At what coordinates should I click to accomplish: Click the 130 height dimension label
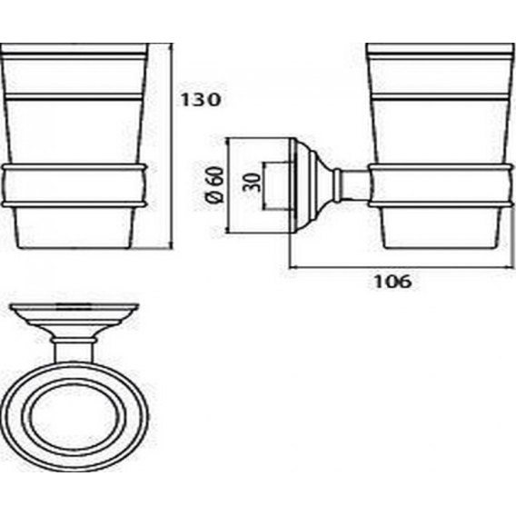pos(200,99)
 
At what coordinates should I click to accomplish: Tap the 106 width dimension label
pos(393,282)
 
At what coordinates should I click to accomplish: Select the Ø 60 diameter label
pos(215,185)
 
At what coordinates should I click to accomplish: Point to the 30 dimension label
pos(252,183)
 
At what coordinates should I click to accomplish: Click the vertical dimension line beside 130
pos(171,146)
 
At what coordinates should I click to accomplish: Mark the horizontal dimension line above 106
pos(402,268)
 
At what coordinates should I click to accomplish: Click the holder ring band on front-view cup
pos(75,186)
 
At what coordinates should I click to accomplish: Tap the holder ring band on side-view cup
pos(441,186)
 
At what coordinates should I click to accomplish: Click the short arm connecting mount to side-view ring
pos(354,185)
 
